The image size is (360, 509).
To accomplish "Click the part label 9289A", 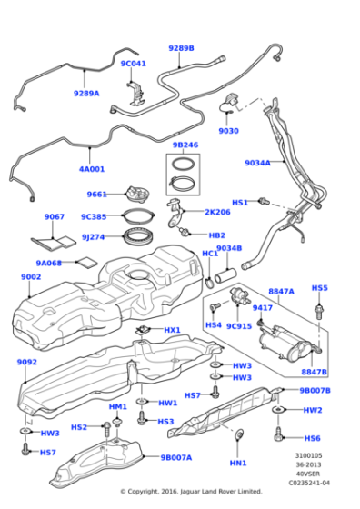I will (x=86, y=93).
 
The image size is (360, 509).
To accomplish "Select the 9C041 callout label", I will (x=133, y=64).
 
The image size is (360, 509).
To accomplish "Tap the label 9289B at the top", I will (x=181, y=47).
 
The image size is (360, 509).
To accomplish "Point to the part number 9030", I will (x=228, y=130).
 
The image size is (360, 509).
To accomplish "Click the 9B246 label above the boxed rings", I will (x=185, y=145).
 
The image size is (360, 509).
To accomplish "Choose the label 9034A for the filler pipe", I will (x=257, y=163).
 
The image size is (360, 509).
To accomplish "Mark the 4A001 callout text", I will (x=91, y=168).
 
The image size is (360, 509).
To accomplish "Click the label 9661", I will (x=97, y=195).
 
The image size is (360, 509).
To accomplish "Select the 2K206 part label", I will (x=217, y=212).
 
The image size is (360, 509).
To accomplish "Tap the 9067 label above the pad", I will (x=55, y=217).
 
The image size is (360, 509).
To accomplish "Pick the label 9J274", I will (x=95, y=237).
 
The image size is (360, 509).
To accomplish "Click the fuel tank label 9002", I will (x=31, y=276).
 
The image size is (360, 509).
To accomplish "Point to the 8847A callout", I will (x=281, y=291).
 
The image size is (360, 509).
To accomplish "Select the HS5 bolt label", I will (x=319, y=288).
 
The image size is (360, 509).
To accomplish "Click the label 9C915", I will (x=238, y=325).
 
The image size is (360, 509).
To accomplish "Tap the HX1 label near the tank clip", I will (x=172, y=330).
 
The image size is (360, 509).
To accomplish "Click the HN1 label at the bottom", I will (x=238, y=464).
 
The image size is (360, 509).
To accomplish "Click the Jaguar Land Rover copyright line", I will (x=191, y=492).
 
